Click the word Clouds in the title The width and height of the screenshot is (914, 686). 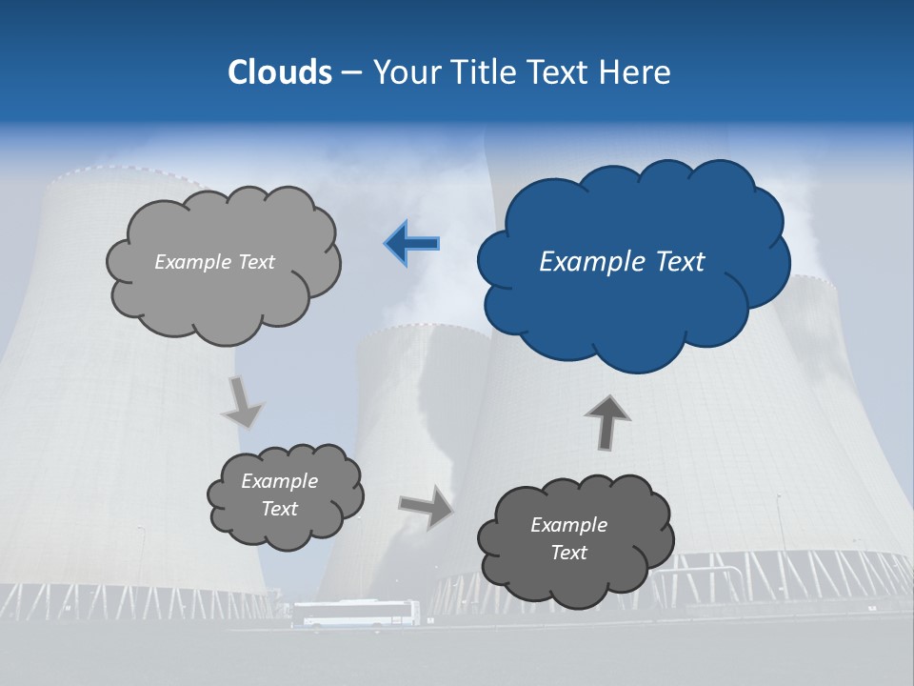280,72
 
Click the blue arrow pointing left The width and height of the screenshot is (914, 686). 411,244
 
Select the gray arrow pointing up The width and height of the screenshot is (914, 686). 606,422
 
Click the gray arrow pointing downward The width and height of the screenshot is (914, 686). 242,402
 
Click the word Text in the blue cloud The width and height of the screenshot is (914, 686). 681,262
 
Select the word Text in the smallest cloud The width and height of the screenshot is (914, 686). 280,509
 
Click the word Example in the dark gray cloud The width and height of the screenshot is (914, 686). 568,525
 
